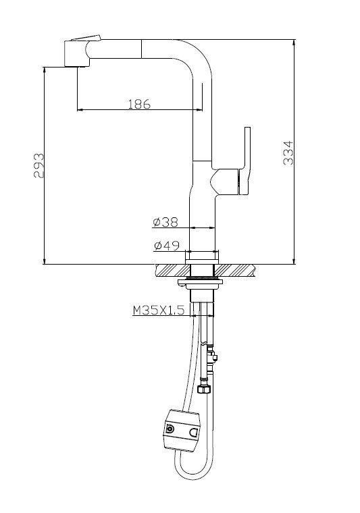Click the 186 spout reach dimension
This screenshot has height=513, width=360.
coord(138,104)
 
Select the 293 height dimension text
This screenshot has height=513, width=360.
coord(39,165)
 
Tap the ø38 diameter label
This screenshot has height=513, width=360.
coord(165,221)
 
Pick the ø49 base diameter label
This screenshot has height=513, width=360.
coord(165,246)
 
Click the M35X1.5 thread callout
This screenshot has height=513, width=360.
coord(157,310)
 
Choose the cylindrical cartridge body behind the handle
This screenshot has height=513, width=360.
coord(223,182)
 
